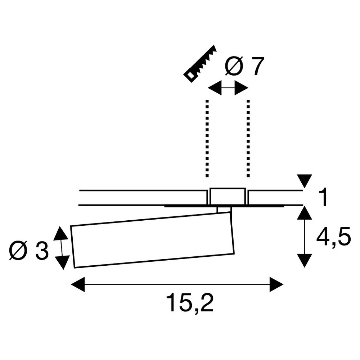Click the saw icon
tap(200, 64)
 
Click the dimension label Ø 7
tap(244, 66)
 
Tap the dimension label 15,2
tap(190, 303)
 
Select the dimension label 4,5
tap(334, 237)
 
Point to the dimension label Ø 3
tap(29, 251)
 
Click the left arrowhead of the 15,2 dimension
tap(78, 284)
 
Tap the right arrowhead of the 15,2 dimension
tap(276, 284)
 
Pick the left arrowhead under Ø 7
tap(215, 88)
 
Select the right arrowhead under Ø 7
tap(241, 88)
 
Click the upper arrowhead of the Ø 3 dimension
tap(61, 233)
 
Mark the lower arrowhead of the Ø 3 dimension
tap(62, 262)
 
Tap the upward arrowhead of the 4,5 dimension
tap(305, 213)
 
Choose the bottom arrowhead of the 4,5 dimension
tap(305, 261)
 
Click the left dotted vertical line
tap(207, 139)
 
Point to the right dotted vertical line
tap(248, 139)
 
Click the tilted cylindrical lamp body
tap(152, 240)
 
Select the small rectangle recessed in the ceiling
tap(228, 196)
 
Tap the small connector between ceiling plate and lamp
tap(224, 210)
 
